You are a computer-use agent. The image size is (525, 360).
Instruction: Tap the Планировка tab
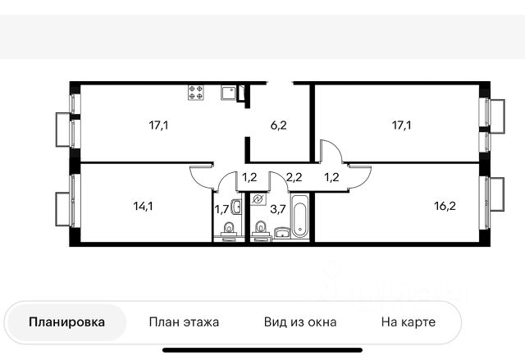point(66,322)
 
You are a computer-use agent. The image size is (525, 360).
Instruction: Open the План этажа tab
point(184,322)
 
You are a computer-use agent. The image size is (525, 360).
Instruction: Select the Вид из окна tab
point(299,322)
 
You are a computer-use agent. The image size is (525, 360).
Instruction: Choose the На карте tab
point(408,322)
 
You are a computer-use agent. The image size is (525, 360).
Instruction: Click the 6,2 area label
point(279,126)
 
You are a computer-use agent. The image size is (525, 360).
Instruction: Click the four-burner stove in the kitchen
point(196,93)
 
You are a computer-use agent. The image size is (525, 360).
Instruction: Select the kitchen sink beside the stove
point(228,92)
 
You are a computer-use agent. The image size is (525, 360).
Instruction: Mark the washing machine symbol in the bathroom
point(258,199)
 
